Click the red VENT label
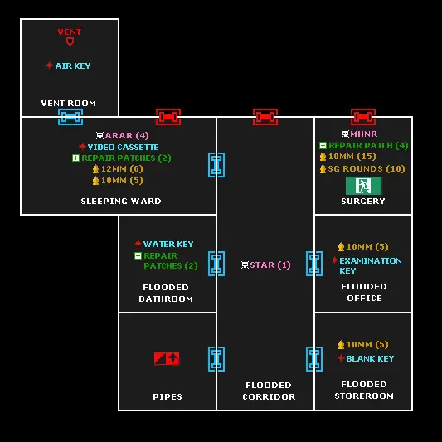[x=70, y=32]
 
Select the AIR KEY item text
[x=73, y=66]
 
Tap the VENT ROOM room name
[x=69, y=103]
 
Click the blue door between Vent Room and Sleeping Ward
[x=70, y=117]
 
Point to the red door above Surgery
[x=363, y=117]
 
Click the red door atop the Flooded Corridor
[x=265, y=117]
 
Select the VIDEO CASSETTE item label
[x=124, y=147]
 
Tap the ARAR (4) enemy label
[x=127, y=136]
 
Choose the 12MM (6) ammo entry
[x=122, y=169]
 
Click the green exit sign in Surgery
[x=364, y=186]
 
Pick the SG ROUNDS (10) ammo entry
[x=367, y=168]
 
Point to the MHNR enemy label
[x=364, y=134]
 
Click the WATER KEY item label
[x=168, y=244]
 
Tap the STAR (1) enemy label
[x=270, y=265]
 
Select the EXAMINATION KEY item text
[x=371, y=265]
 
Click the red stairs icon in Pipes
[x=167, y=358]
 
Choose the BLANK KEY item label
[x=370, y=358]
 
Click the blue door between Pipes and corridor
[x=216, y=359]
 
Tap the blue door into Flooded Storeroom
[x=314, y=359]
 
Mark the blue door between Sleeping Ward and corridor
[x=216, y=165]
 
